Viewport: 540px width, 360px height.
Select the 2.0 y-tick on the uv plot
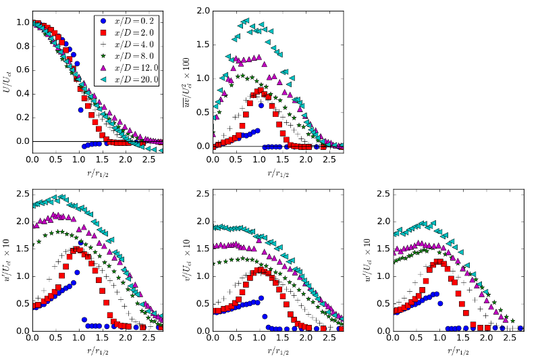(202, 11)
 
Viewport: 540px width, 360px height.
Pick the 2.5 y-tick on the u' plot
(22, 194)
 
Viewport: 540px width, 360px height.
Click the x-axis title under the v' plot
(277, 351)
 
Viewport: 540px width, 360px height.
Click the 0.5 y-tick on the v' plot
(202, 303)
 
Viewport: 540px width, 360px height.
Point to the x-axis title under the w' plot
(458, 351)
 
